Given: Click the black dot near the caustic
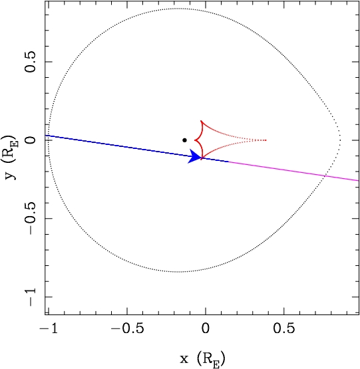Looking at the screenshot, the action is tap(184, 140).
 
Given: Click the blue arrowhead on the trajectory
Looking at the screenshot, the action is tap(194, 156).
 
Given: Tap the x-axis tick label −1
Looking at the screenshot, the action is tap(49, 328).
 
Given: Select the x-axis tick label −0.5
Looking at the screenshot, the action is tap(127, 328).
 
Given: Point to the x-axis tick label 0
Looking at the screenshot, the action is tap(206, 328).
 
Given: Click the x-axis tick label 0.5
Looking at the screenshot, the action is tap(284, 328).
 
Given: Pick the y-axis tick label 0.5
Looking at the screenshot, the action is tap(31, 62).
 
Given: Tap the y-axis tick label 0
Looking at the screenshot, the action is tap(31, 140).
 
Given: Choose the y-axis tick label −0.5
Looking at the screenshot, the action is tap(31, 218).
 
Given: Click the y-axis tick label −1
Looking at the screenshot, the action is tap(31, 297).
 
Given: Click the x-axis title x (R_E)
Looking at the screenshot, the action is tap(202, 359).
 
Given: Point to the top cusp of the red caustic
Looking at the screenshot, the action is tap(201, 121).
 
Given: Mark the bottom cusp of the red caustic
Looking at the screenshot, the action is tap(201, 160).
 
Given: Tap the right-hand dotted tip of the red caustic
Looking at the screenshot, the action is tap(266, 140).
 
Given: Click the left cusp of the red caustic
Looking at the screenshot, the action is tap(195, 140).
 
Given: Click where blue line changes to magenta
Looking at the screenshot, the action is tap(228, 162).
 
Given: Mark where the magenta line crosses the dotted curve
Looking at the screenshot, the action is tap(325, 176).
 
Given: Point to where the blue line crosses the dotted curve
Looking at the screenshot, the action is tap(49, 136).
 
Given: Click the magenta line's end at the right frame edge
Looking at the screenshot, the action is tap(359, 180).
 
